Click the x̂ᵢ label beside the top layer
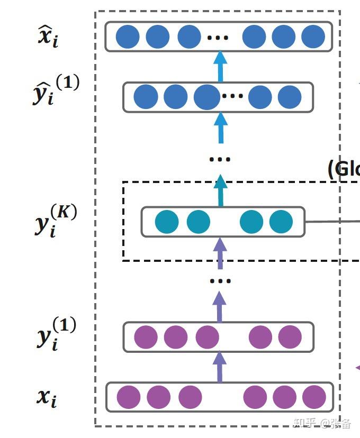point(47,38)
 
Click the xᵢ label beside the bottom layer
point(47,396)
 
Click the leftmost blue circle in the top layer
point(128,36)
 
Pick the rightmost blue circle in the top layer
point(313,36)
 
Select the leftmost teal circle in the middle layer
point(167,222)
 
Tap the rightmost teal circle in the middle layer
point(281,222)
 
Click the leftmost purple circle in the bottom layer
point(129,397)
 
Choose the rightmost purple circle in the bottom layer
point(314,397)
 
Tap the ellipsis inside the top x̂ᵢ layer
point(218,38)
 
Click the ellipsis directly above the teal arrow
point(219,159)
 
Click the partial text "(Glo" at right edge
point(344,169)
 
